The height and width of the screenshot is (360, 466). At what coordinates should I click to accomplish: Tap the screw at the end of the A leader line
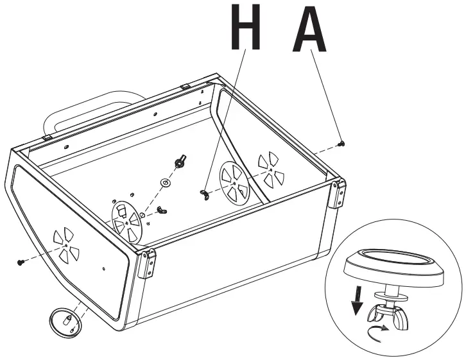point(342,142)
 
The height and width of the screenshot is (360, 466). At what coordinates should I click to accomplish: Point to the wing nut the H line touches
point(205,193)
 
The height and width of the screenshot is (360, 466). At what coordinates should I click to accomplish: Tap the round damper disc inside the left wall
point(126,220)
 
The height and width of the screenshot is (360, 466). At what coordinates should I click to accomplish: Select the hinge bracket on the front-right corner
point(337,194)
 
